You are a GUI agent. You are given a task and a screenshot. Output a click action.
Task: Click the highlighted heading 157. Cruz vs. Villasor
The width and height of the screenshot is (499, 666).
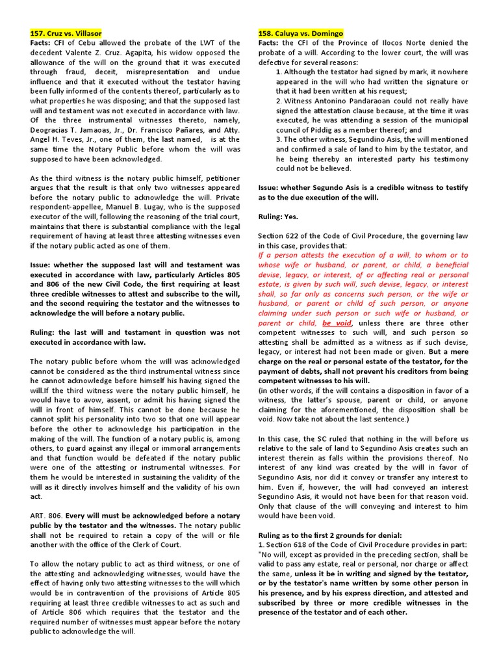point(66,33)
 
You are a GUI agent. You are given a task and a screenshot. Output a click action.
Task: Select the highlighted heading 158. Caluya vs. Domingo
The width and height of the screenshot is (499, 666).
point(300,33)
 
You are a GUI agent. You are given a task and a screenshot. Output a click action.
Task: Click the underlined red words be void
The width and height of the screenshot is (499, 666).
point(337,323)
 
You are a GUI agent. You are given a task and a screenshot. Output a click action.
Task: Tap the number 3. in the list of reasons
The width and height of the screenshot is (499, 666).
point(279,140)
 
